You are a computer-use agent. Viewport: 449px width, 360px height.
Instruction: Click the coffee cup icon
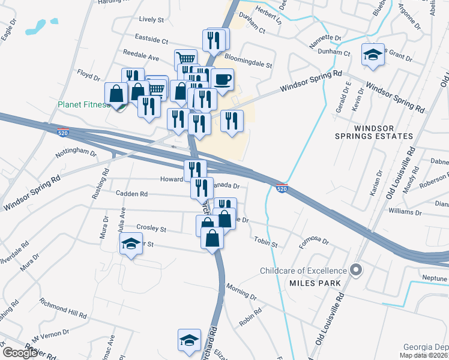(x=223, y=80)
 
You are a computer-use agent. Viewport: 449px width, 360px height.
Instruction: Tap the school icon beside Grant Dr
(x=373, y=55)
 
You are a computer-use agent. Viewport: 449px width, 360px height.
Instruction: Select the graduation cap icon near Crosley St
(x=130, y=244)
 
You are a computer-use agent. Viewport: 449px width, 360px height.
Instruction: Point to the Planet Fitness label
(x=83, y=104)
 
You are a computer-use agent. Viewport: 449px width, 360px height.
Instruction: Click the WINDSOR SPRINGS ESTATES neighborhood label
(x=384, y=133)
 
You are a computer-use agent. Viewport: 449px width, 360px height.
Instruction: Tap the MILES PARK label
(x=315, y=283)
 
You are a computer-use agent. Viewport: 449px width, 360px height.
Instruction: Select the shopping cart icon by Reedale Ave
(x=186, y=59)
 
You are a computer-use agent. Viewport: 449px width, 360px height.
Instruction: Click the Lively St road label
(x=151, y=20)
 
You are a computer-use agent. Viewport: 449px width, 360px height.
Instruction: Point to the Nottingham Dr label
(x=76, y=153)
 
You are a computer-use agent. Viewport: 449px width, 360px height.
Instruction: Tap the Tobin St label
(x=265, y=243)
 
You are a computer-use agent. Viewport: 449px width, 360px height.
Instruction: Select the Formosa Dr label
(x=314, y=242)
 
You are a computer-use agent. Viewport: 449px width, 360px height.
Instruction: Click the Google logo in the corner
(x=19, y=353)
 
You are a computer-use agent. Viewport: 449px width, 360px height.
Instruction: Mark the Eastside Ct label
(x=152, y=40)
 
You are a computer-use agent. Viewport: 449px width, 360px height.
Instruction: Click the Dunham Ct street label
(x=252, y=29)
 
